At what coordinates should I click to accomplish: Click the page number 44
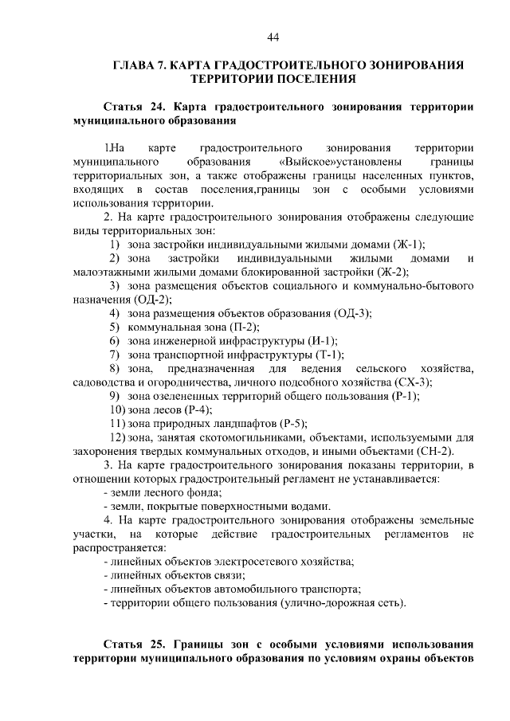pyautogui.click(x=273, y=37)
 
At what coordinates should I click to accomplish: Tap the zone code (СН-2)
pyautogui.click(x=410, y=451)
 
